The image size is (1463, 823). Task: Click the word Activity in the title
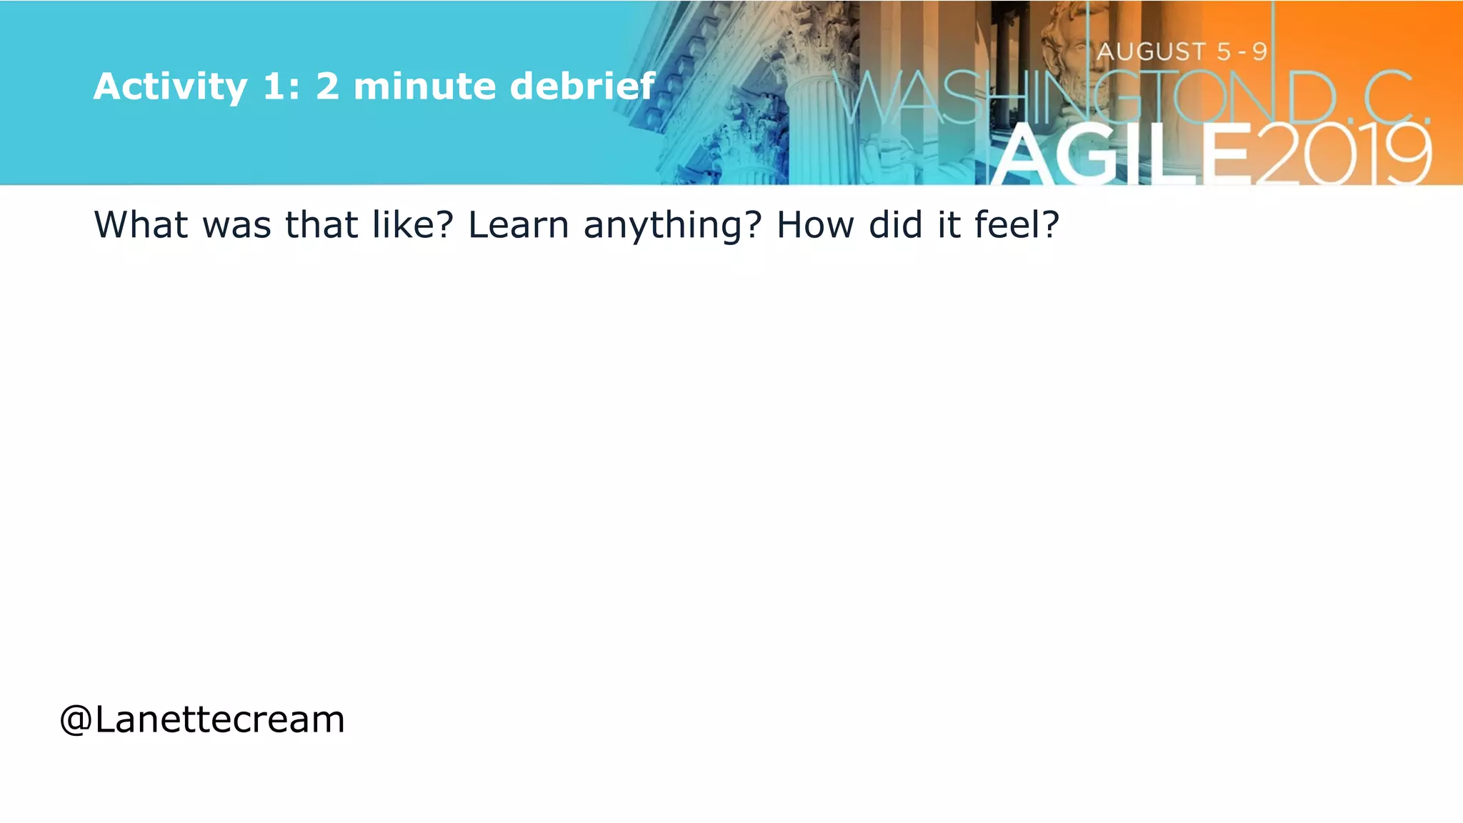pyautogui.click(x=170, y=87)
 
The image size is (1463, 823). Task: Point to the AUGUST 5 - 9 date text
pyautogui.click(x=1182, y=51)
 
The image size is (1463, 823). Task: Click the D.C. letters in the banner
pyautogui.click(x=1357, y=98)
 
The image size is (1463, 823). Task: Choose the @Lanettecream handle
pyautogui.click(x=202, y=719)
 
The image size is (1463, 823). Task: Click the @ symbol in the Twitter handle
pyautogui.click(x=76, y=720)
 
